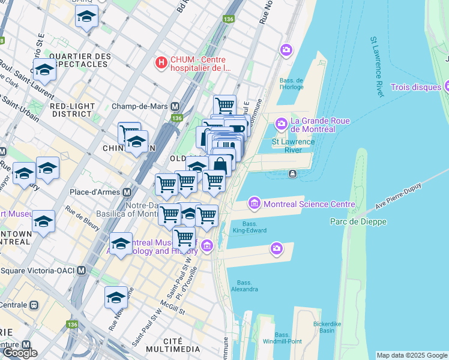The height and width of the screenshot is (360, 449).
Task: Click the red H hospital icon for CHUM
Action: point(161,62)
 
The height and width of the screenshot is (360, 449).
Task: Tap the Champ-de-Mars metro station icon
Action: point(175,106)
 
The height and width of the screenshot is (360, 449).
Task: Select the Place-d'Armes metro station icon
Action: point(127,193)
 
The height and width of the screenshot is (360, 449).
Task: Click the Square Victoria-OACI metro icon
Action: point(81,271)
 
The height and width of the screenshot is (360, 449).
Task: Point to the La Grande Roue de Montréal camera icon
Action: point(281,124)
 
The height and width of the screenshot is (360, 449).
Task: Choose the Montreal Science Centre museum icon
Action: point(255,204)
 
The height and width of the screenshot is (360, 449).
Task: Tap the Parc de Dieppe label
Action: point(358,221)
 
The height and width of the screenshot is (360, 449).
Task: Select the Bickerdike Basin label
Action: point(327,327)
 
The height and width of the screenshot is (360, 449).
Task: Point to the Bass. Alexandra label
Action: point(244,286)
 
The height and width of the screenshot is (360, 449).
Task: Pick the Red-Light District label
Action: point(73,110)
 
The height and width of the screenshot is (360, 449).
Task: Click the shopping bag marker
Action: point(220,165)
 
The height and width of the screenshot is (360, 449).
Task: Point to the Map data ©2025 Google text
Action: point(412,355)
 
